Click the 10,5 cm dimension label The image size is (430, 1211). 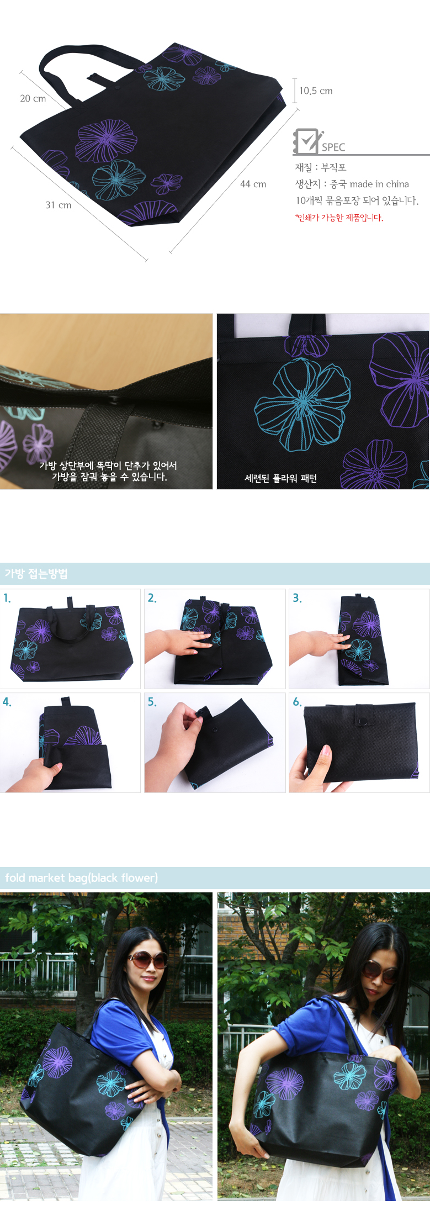pos(316,91)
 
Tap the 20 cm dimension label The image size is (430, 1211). pos(33,99)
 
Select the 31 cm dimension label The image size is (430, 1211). pos(59,205)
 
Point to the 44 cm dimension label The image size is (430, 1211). pos(253,184)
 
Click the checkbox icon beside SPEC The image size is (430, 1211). pos(306,141)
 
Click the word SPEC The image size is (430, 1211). pos(333,147)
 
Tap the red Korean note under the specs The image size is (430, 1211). pos(339,218)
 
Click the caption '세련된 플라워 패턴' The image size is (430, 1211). pos(281,478)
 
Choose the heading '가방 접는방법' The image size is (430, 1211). pos(36,574)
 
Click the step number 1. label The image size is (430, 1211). pos(7,598)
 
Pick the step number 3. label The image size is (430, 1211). pos(297,598)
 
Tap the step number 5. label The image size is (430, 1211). pos(152,702)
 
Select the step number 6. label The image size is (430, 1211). pos(297,702)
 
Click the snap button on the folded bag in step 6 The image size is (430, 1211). pos(363,721)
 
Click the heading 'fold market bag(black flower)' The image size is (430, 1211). pos(82,878)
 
